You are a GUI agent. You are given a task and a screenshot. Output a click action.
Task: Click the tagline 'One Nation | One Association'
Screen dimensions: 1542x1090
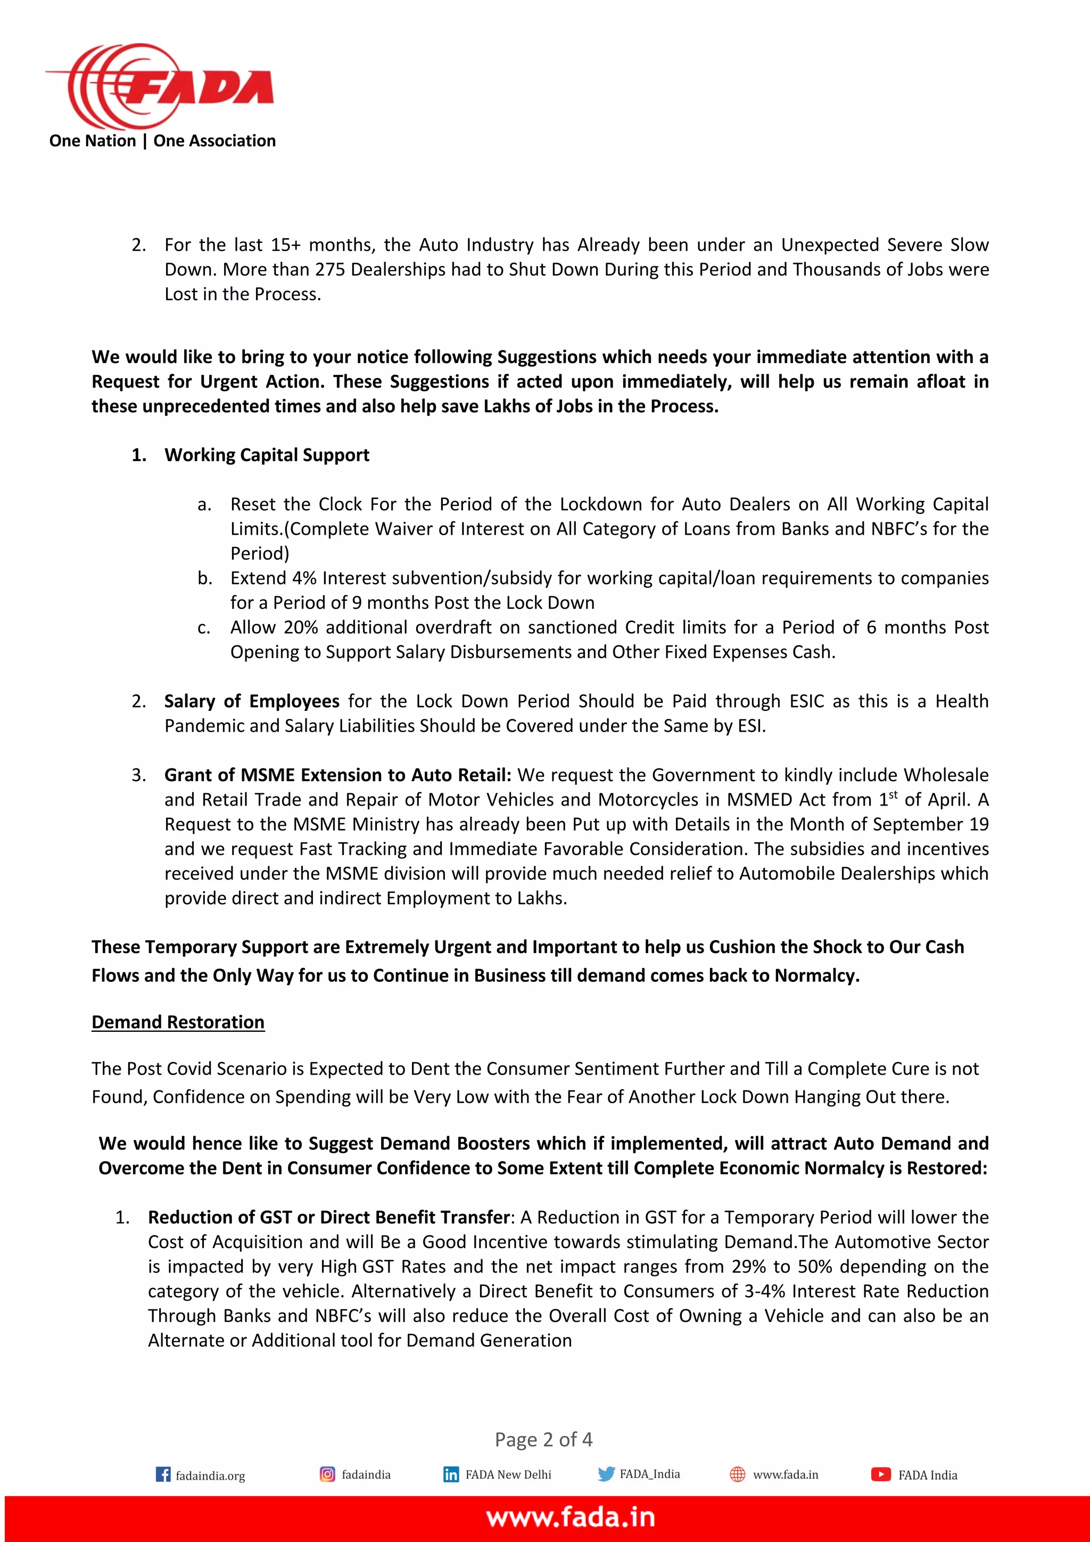(162, 141)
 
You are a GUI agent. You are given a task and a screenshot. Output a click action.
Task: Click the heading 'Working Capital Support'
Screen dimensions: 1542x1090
(267, 455)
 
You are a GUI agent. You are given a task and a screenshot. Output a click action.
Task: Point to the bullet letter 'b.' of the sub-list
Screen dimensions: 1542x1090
(205, 578)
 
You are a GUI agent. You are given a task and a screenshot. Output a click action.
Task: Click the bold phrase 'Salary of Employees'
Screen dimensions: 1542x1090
(252, 701)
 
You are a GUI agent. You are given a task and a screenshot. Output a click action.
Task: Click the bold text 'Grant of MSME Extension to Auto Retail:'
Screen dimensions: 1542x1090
(337, 775)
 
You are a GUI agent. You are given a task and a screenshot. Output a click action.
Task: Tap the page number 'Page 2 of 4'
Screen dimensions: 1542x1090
(543, 1439)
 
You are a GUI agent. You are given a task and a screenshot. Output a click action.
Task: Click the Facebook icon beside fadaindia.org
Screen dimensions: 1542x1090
(163, 1474)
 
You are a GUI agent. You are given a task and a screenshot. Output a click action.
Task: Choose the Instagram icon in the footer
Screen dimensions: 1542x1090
(327, 1474)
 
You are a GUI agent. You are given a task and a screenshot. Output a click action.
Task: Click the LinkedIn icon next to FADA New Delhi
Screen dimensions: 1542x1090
(451, 1474)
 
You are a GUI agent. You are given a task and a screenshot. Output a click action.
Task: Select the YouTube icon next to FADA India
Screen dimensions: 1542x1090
(881, 1474)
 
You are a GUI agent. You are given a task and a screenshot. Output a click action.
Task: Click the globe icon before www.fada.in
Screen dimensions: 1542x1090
(737, 1474)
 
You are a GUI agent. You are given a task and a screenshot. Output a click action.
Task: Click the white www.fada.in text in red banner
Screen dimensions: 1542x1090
(571, 1517)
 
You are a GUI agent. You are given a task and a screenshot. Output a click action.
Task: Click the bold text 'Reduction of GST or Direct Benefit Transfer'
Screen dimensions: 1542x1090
(329, 1217)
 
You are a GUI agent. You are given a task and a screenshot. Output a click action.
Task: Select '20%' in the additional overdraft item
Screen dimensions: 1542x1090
(300, 627)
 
